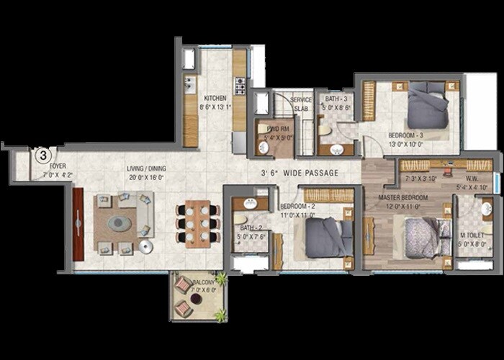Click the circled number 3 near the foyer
click(42, 154)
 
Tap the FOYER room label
click(58, 166)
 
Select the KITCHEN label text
click(215, 98)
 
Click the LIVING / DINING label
click(125, 167)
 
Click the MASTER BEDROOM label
click(402, 197)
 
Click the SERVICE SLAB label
click(301, 103)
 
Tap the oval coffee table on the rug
click(120, 224)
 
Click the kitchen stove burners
click(240, 87)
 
